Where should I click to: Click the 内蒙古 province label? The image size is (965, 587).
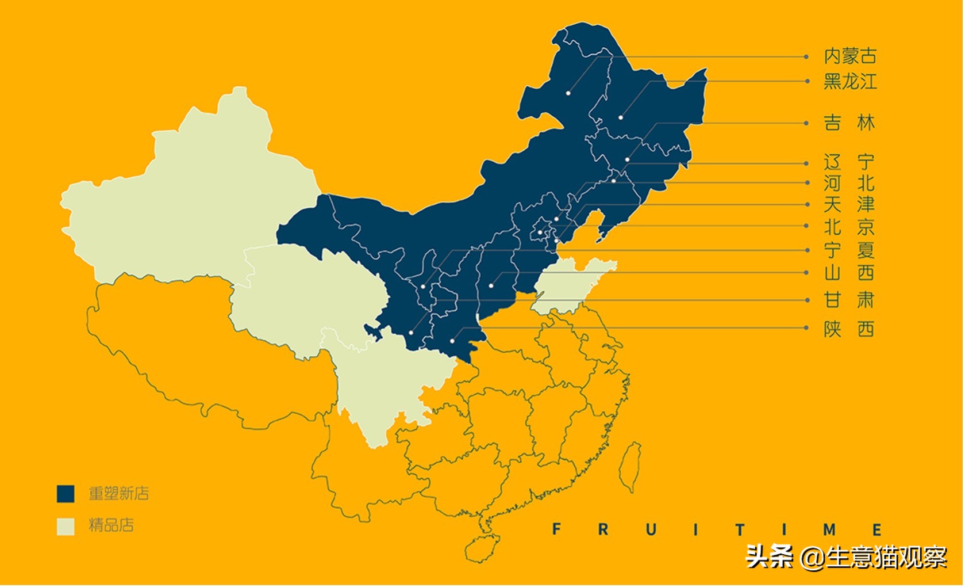(851, 56)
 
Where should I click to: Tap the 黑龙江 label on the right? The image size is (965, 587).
(851, 82)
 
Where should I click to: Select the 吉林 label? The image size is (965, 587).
(849, 123)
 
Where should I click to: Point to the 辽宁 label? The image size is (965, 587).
(849, 163)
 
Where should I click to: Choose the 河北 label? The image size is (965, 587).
(849, 184)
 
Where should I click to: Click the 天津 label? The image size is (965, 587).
(849, 205)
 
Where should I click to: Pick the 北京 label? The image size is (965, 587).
(849, 227)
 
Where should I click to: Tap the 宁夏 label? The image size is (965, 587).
(849, 250)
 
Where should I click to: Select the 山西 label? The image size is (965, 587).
(849, 273)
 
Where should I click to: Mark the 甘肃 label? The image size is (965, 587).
(849, 300)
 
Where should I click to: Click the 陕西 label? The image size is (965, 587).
(849, 329)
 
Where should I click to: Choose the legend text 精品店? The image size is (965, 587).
(112, 525)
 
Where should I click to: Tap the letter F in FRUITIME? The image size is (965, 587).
(556, 529)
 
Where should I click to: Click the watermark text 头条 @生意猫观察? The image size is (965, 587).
(845, 556)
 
